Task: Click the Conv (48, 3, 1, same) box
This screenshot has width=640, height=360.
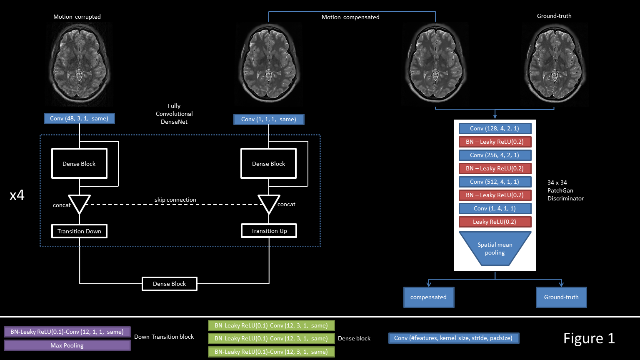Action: click(79, 119)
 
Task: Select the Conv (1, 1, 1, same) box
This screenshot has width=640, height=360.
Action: click(269, 120)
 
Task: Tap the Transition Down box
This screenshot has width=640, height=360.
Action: click(79, 231)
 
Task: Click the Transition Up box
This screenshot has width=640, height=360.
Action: click(269, 231)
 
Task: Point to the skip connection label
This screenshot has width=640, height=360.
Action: click(175, 200)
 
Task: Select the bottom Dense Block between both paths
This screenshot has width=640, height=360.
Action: click(170, 284)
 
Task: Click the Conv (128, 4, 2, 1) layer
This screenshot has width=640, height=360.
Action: click(495, 128)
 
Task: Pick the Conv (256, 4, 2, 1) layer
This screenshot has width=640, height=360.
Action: click(495, 155)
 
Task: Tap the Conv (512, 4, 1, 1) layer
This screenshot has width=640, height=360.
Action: click(495, 182)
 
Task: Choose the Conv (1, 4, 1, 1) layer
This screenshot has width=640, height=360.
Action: click(495, 208)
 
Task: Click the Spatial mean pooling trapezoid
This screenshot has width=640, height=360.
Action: click(495, 248)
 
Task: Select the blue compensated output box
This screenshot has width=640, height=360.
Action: click(428, 297)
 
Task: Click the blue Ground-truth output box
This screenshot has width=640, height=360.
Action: click(561, 297)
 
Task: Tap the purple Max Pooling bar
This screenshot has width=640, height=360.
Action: click(67, 345)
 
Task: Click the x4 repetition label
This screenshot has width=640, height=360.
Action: click(17, 195)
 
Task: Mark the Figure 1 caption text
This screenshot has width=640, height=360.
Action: click(589, 338)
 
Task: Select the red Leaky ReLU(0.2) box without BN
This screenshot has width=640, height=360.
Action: click(495, 222)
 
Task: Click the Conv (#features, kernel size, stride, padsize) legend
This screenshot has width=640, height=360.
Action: click(453, 338)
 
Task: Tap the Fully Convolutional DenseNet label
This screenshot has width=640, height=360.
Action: click(174, 114)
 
